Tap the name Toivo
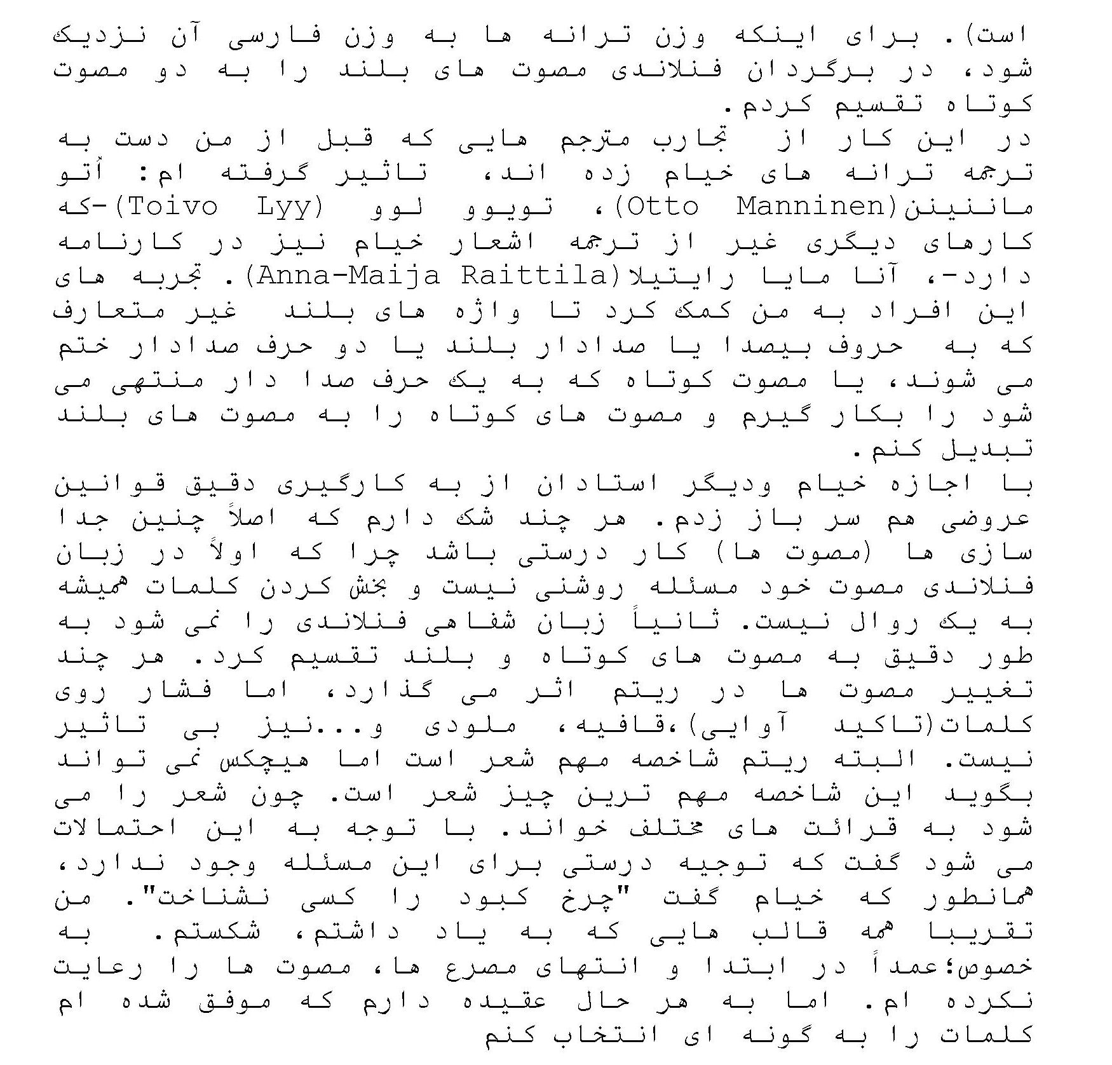pyautogui.click(x=166, y=207)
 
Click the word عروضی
pyautogui.click(x=985, y=520)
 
